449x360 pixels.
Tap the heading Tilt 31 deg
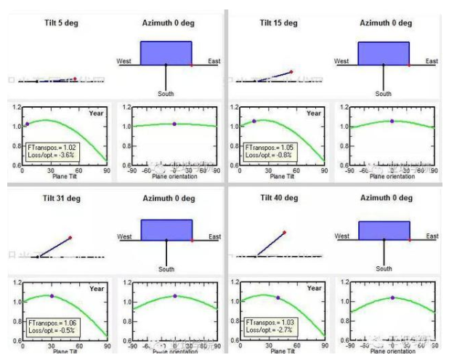point(58,199)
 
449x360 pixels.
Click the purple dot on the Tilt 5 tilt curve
point(27,124)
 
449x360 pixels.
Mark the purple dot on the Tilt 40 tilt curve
point(278,297)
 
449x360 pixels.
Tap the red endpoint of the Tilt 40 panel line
point(284,232)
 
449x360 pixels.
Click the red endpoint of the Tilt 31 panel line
point(70,237)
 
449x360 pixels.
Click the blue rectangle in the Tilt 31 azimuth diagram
point(166,227)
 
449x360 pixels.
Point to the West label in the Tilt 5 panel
point(124,61)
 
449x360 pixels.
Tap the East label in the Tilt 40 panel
point(432,236)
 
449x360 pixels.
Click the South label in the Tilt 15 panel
point(383,94)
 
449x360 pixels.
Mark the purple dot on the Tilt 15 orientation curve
point(392,121)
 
